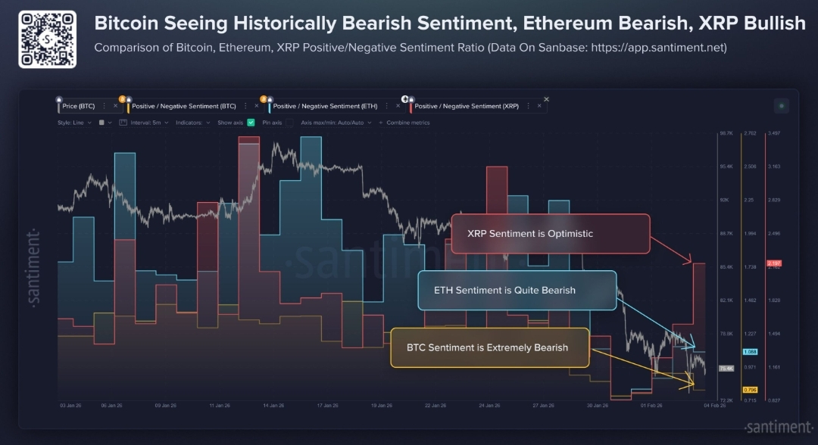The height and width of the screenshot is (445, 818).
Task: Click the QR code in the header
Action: click(47, 39)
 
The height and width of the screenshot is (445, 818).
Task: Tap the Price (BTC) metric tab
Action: click(79, 106)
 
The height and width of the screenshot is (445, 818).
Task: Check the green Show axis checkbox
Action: click(251, 122)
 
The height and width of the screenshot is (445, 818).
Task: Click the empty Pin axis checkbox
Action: click(289, 122)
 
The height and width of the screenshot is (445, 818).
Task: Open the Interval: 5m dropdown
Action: click(149, 122)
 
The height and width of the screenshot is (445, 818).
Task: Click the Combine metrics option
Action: click(407, 122)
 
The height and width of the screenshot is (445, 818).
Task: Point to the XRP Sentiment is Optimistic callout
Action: click(551, 234)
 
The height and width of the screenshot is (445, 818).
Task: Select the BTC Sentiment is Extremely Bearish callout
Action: click(489, 347)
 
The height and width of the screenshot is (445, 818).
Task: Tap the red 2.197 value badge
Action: click(774, 263)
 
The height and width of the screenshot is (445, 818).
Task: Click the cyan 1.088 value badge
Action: click(751, 352)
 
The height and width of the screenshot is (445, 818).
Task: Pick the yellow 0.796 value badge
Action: click(751, 389)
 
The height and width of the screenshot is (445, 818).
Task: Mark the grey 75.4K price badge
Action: click(726, 369)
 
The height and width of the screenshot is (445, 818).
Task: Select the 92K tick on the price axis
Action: click(725, 200)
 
